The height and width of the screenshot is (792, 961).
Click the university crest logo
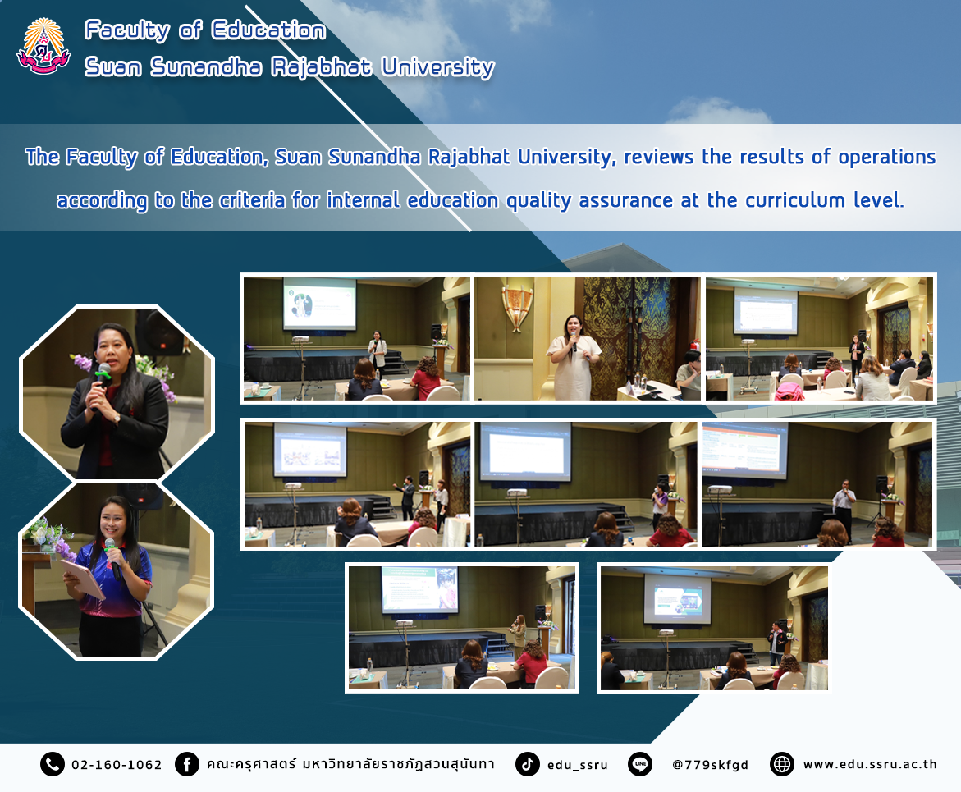pos(43,47)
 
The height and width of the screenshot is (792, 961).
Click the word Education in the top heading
pos(268,30)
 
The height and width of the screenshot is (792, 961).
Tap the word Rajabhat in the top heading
pos(321,66)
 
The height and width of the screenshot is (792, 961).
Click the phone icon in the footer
pos(52,764)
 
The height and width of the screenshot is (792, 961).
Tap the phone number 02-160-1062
pos(117,765)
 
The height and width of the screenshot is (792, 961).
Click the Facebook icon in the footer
pos(187,764)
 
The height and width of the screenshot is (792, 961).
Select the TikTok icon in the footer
pos(527,764)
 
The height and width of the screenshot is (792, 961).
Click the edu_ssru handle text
pos(577,765)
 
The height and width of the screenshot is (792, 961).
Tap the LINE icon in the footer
pos(640,764)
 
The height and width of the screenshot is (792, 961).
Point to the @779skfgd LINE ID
pos(711,765)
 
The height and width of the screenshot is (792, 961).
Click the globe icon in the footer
pos(781,764)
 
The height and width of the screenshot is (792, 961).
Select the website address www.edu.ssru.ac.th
pos(870,764)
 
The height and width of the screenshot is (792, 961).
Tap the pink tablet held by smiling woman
pos(83,578)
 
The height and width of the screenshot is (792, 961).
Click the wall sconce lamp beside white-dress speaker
pos(516,307)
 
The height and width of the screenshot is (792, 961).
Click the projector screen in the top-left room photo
pos(319,304)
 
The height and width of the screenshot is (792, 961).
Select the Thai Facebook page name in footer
pos(350,764)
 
